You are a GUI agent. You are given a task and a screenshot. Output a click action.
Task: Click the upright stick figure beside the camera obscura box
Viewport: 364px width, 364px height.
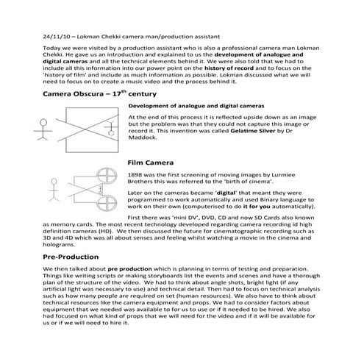(41, 129)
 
